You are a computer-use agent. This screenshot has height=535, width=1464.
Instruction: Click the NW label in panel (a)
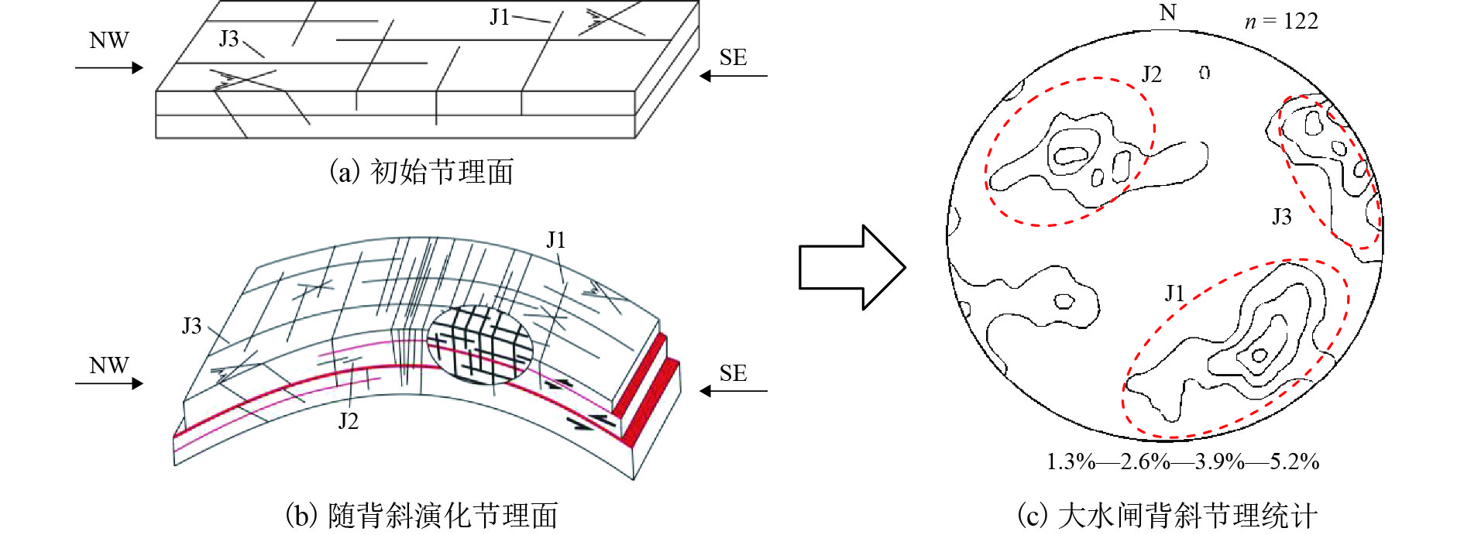[x=108, y=40]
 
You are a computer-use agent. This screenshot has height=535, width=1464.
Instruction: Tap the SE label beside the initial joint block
[x=733, y=57]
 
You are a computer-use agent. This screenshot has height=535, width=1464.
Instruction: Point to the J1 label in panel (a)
[x=500, y=17]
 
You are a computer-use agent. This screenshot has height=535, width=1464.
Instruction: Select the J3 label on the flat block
[x=229, y=39]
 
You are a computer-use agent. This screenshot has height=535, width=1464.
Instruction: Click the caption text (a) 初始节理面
[x=422, y=172]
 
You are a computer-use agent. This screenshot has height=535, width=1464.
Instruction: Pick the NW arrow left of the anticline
[x=109, y=383]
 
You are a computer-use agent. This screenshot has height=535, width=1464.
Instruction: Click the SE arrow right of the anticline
[x=733, y=392]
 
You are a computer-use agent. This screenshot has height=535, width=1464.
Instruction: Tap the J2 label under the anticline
[x=348, y=421]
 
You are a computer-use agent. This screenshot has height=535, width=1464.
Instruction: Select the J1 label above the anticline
[x=556, y=240]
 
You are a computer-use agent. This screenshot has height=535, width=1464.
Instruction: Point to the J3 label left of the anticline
[x=191, y=326]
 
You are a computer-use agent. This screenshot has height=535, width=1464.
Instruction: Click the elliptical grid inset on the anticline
[x=480, y=344]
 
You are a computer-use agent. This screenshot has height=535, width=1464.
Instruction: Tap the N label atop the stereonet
[x=1167, y=13]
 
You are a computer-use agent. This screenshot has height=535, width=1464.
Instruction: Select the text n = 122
[x=1281, y=21]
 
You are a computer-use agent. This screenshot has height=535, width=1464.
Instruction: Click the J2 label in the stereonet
[x=1152, y=74]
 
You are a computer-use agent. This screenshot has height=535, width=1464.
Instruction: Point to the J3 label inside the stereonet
[x=1282, y=217]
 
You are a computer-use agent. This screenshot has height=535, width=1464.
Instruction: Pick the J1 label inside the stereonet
[x=1175, y=293]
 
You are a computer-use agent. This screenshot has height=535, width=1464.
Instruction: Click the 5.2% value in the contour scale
[x=1294, y=462]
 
